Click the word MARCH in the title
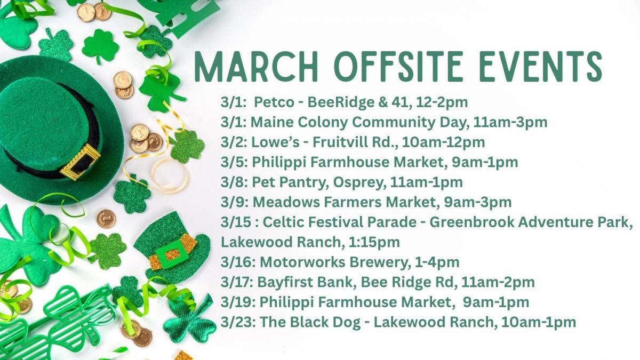pyautogui.click(x=257, y=67)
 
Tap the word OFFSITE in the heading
pyautogui.click(x=398, y=67)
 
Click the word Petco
pyautogui.click(x=274, y=102)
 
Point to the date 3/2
pyautogui.click(x=233, y=142)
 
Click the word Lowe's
pyautogui.click(x=275, y=142)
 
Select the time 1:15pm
pyautogui.click(x=374, y=242)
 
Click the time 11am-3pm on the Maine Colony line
pyautogui.click(x=510, y=123)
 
